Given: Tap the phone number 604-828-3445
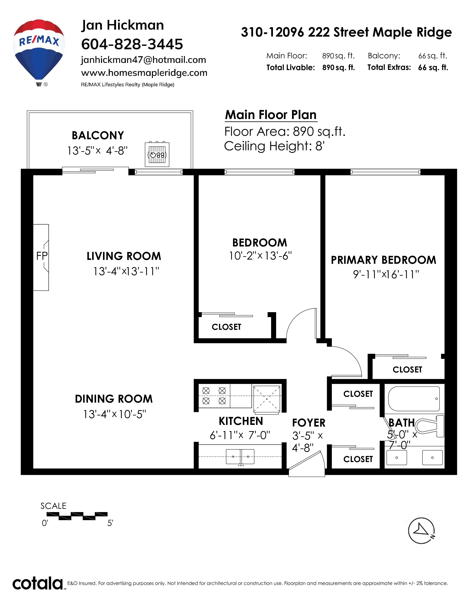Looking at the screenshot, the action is pos(132,44).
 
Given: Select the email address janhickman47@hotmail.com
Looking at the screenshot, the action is pos(143,60).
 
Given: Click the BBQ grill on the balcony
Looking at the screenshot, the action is pos(157,155).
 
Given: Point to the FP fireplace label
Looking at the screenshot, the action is pos(42,256).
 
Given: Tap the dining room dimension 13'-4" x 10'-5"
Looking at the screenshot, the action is pos(114,414).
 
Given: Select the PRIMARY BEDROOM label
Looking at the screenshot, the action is pos(383,260).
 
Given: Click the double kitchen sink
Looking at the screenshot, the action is pos(240,457).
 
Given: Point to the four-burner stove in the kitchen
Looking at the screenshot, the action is pos(214,396).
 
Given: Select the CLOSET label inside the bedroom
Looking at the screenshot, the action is pos(226,327).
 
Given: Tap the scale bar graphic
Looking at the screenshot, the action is pos(77,516).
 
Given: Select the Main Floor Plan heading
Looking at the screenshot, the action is pos(271,115).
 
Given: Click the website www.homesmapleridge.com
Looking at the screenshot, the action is pos(144,73).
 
